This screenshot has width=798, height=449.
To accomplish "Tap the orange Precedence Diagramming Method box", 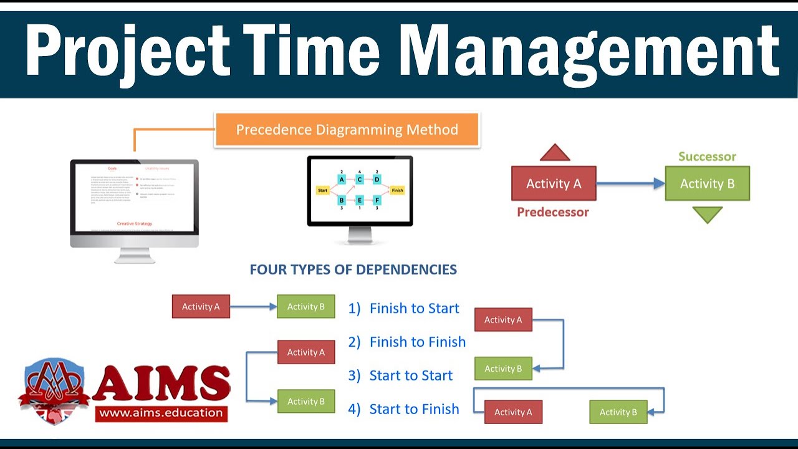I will [x=347, y=130].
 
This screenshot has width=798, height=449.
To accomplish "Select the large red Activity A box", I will [x=554, y=183].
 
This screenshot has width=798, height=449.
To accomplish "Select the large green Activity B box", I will [x=707, y=183].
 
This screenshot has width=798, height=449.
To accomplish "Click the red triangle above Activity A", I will [x=555, y=153].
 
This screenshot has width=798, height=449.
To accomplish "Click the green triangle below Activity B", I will [x=707, y=215].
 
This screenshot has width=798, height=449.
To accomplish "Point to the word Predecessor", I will [x=553, y=212].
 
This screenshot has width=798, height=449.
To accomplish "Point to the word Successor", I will [x=707, y=157].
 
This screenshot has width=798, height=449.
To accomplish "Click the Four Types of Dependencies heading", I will [x=353, y=269].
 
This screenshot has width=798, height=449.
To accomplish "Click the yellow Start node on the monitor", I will [x=323, y=190].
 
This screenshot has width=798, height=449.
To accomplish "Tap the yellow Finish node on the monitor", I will [x=397, y=190].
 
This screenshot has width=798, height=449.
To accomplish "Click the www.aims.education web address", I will [x=161, y=412].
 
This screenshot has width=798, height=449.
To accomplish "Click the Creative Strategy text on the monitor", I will [x=135, y=223].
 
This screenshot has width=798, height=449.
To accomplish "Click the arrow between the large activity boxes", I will [x=630, y=183].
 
